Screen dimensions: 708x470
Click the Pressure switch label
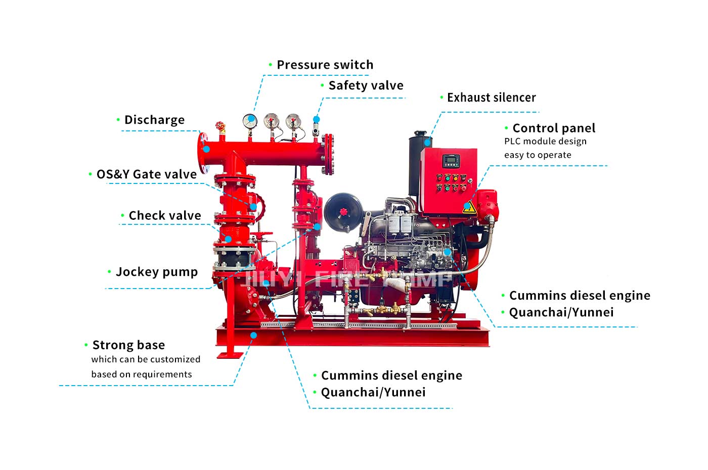click(325, 65)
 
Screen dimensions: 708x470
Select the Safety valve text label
click(366, 85)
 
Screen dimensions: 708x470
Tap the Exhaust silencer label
click(492, 98)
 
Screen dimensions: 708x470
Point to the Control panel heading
click(554, 128)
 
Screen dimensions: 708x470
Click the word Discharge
click(155, 120)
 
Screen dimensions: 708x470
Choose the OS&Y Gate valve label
click(147, 174)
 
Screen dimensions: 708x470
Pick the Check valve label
click(165, 216)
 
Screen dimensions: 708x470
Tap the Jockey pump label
click(157, 272)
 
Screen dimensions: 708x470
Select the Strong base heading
click(128, 345)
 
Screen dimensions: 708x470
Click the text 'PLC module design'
click(545, 142)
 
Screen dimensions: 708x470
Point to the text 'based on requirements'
click(142, 374)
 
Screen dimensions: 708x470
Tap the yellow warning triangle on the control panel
click(469, 208)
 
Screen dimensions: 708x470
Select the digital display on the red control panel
click(451, 161)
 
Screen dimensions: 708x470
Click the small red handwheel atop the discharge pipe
click(220, 125)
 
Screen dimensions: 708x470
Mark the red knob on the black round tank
click(343, 212)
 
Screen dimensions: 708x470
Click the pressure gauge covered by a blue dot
click(250, 121)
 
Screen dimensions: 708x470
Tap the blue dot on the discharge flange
click(206, 150)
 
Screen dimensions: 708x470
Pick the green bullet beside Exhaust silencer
click(442, 98)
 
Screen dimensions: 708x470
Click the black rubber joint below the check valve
click(234, 259)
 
